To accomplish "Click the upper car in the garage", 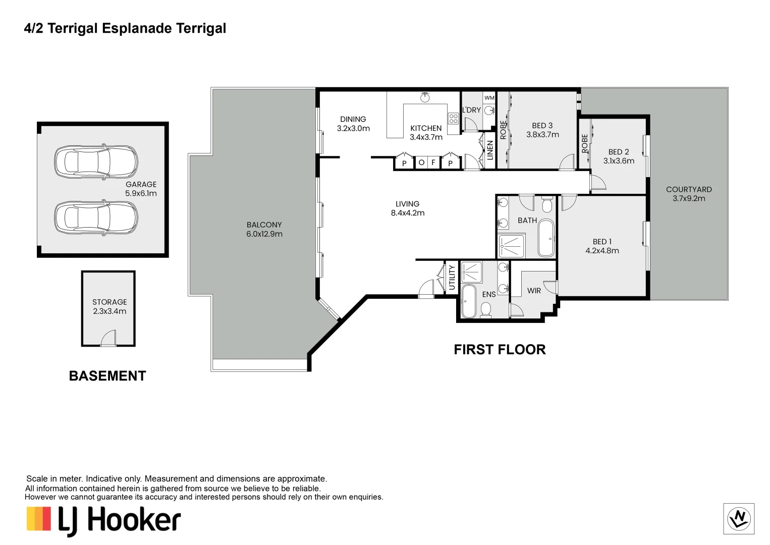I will point(96,162).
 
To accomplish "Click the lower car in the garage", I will point(96,218).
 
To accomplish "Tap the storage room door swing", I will point(108,338).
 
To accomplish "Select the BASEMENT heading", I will point(107,376).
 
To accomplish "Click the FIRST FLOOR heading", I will point(500,350).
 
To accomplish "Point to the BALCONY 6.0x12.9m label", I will point(264,230).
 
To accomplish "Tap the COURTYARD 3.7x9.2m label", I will point(689,194).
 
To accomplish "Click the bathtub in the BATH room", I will point(546,238).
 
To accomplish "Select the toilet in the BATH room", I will point(547,205).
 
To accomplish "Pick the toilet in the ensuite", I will point(486,309).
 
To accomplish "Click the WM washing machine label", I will point(489,98).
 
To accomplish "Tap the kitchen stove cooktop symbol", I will point(453,119).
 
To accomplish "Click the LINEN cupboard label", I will point(489,150).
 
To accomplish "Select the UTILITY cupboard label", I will point(452,278).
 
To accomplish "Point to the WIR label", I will point(534,291).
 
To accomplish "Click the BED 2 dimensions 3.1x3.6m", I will point(619,161).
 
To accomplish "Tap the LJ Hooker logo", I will point(104,520).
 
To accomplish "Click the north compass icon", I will point(739,519).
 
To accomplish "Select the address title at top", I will point(125,28).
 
